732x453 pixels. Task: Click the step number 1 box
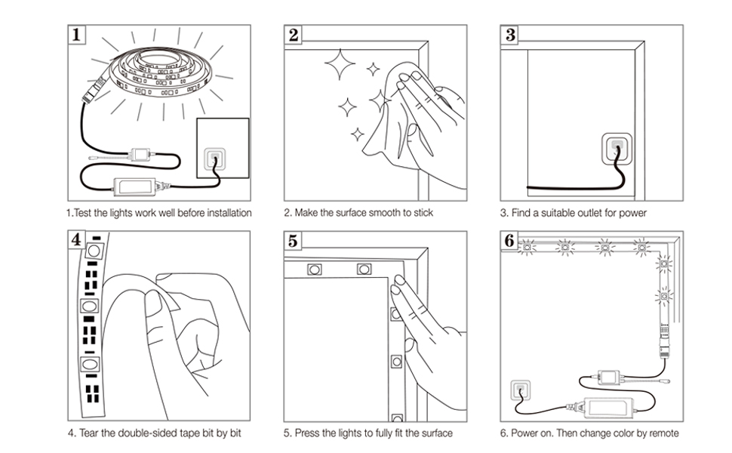point(76,35)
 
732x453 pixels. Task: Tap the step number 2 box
point(293,35)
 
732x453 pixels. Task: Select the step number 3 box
point(510,35)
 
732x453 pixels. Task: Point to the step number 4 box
point(76,240)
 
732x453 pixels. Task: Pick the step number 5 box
point(293,241)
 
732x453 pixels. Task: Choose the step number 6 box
point(509,241)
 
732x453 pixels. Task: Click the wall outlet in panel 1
point(215,159)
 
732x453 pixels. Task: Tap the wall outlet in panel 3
point(617,149)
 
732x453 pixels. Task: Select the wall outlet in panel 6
point(521,390)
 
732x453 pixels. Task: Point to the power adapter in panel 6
point(606,407)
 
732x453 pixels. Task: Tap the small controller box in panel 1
point(140,155)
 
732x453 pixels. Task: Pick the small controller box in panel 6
point(609,377)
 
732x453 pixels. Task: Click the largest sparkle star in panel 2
point(340,64)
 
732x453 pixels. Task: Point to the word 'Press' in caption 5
point(306,433)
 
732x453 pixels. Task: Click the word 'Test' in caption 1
point(82,213)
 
